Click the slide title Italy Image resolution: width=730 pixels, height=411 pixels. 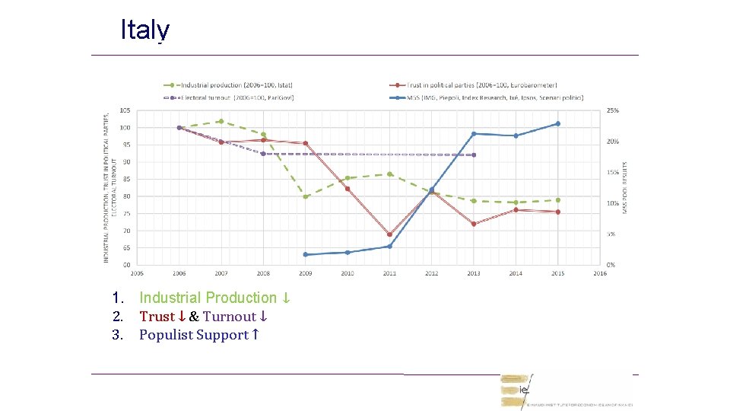pos(144,30)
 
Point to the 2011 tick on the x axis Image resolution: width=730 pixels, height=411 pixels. pos(389,273)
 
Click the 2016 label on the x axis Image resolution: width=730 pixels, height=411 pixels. pos(600,273)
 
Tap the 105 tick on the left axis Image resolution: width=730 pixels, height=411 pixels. pos(124,110)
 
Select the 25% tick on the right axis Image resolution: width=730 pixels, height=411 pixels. pos(612,110)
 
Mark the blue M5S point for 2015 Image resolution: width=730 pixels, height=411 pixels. pos(557,123)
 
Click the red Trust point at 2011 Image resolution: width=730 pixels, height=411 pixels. pos(389,234)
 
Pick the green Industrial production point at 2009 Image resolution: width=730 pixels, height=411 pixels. pos(306,196)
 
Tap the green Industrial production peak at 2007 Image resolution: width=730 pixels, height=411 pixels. pos(221,121)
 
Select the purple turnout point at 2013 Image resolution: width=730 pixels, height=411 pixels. pos(474,155)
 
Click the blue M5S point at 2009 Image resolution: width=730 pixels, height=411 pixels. pos(306,254)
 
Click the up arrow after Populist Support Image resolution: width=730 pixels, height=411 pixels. pos(256,335)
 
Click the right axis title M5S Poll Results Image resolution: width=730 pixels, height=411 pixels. pos(625,187)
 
